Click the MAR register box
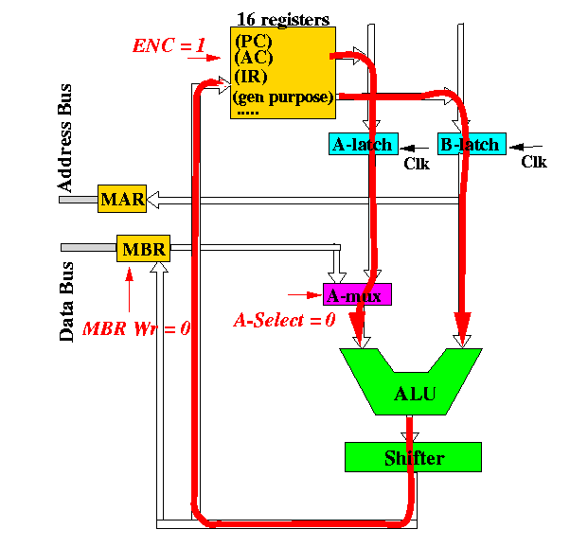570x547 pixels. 122,199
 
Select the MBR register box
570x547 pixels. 143,249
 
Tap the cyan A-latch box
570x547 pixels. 364,144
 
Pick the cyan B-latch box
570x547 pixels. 472,144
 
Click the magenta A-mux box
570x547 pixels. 357,294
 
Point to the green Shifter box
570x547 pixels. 414,457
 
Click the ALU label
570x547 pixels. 415,394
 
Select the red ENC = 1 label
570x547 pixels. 169,45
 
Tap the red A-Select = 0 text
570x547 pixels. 284,320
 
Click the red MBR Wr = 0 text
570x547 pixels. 136,328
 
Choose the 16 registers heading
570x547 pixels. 283,19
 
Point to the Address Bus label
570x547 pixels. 64,138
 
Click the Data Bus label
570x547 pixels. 66,301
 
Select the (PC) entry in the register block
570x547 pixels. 254,41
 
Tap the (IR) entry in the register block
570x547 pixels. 251,77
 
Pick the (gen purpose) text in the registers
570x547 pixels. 283,97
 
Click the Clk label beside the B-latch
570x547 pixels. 534,162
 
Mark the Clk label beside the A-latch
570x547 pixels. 417,164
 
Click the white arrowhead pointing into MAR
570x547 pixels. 152,200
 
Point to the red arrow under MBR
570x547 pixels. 129,290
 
